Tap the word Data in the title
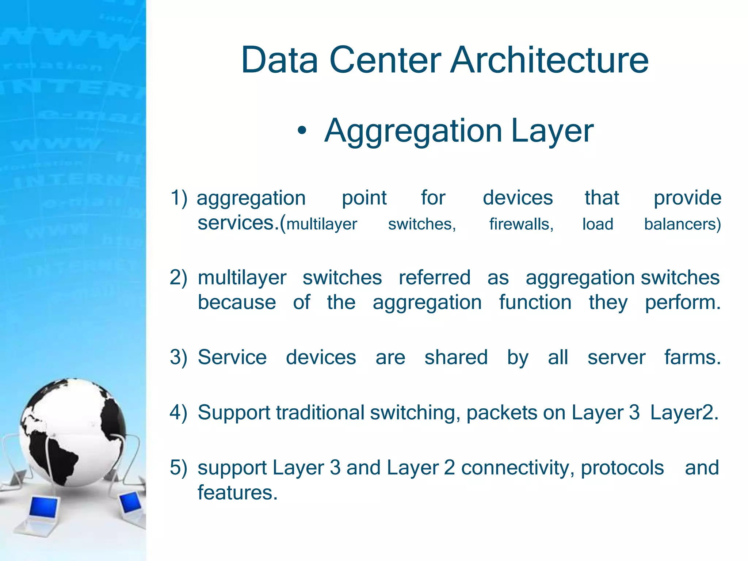(x=279, y=60)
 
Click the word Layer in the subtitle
(x=552, y=131)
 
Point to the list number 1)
(x=179, y=198)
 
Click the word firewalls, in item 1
(x=521, y=224)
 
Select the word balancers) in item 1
(x=682, y=224)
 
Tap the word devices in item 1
(x=518, y=198)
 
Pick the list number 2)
(x=179, y=278)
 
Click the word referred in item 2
(x=434, y=278)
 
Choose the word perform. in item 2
(x=683, y=303)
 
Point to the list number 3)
(x=179, y=357)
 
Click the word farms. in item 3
(x=692, y=357)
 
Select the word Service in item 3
(x=232, y=357)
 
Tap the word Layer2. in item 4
(x=684, y=413)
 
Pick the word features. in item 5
(x=237, y=493)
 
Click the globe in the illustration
(x=73, y=431)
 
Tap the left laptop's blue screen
(x=43, y=507)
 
